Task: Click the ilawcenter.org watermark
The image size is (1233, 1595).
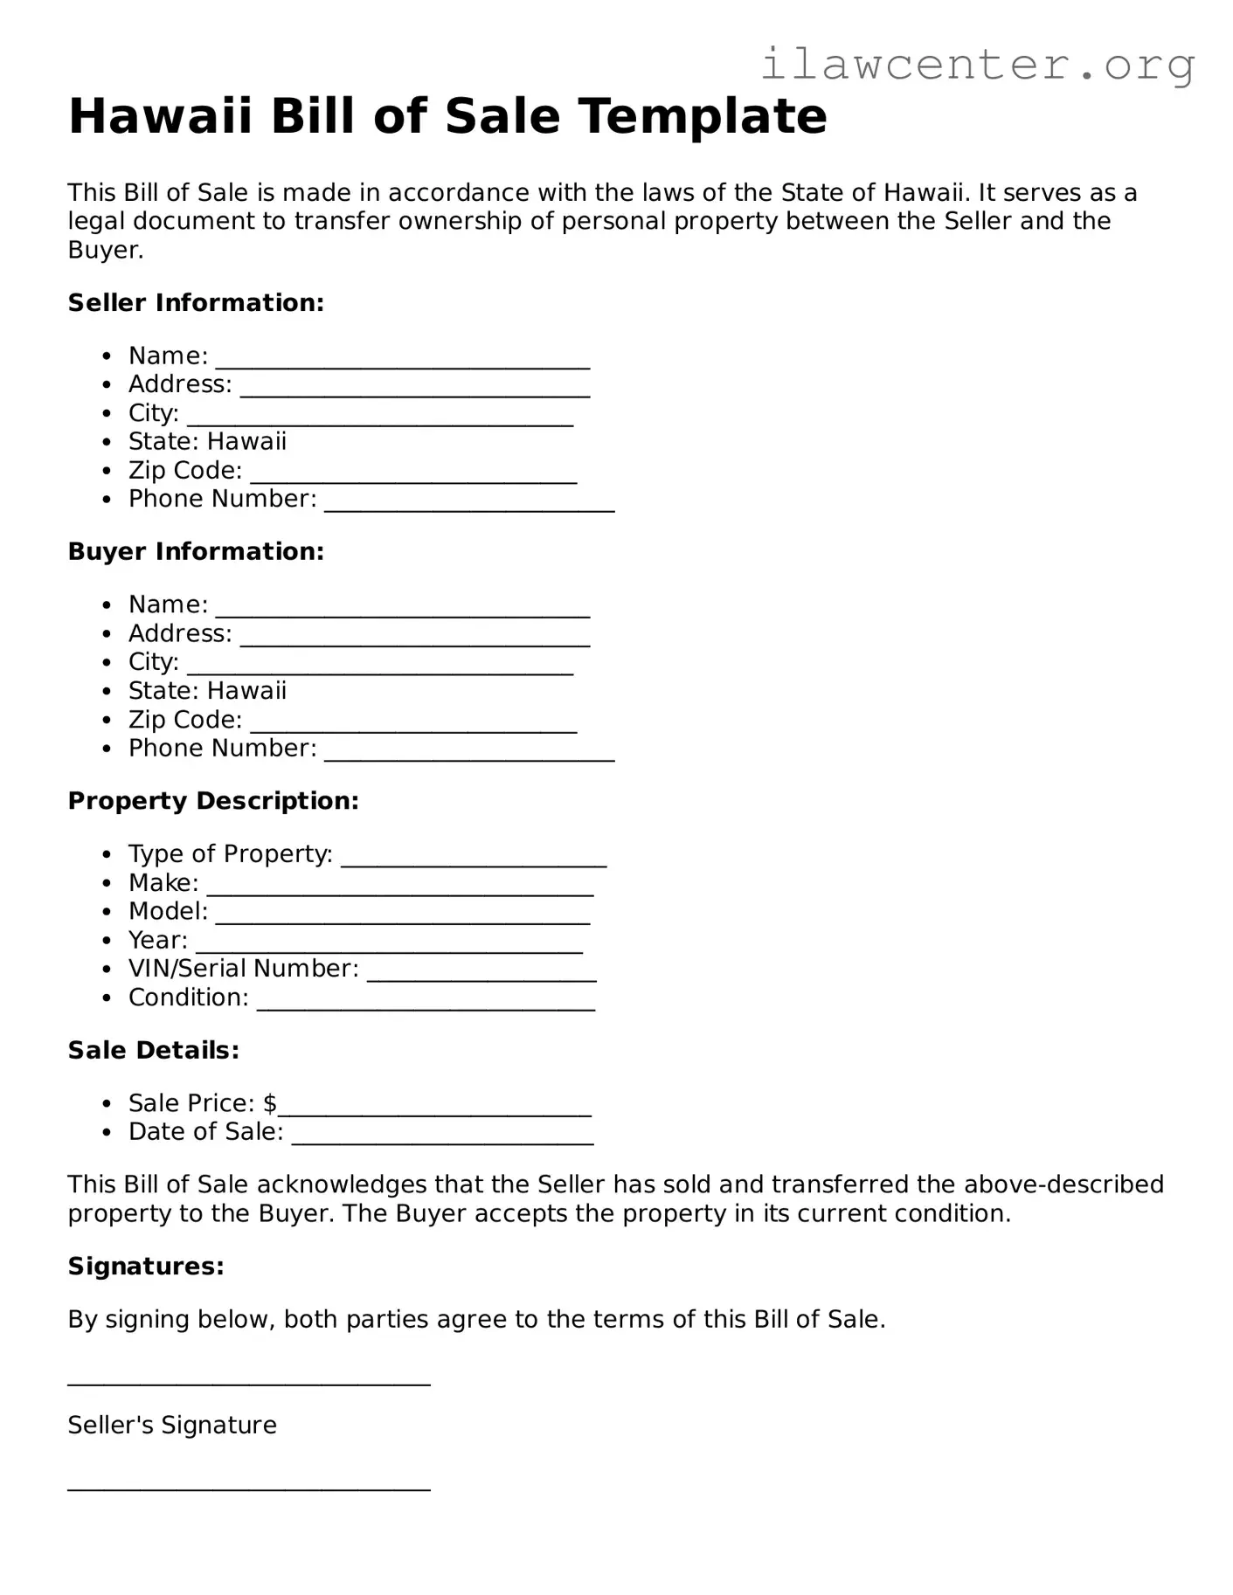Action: tap(977, 65)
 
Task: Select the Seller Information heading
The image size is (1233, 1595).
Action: tap(196, 303)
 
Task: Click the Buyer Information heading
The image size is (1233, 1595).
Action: tap(196, 552)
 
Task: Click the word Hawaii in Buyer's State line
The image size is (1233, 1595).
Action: tap(246, 691)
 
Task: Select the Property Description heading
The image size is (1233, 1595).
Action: tap(213, 801)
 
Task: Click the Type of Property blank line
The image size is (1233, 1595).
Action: tap(473, 860)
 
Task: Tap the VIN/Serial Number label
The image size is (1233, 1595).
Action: tap(243, 969)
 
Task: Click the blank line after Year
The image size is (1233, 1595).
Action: tap(389, 947)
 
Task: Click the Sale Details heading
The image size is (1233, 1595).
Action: tap(153, 1050)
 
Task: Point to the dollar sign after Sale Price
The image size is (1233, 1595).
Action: tap(270, 1103)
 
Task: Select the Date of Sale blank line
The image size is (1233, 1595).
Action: tap(442, 1138)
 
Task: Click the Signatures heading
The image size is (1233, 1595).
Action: tap(146, 1267)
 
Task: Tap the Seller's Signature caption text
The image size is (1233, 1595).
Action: tap(172, 1426)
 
